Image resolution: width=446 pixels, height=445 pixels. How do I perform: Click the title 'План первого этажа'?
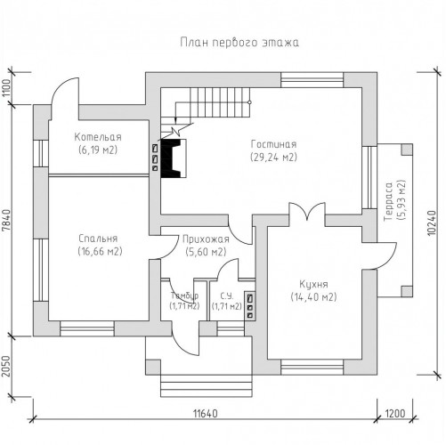coord(239,43)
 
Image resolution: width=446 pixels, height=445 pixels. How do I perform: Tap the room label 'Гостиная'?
coord(273,144)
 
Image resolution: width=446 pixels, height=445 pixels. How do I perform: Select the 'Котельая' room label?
coord(98,137)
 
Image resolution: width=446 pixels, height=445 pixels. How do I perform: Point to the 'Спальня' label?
coord(99,239)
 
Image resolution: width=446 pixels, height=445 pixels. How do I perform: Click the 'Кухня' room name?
coord(313,284)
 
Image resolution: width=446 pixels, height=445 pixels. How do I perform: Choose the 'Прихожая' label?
coord(206,239)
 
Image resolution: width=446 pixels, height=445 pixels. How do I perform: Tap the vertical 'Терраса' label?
coord(389,202)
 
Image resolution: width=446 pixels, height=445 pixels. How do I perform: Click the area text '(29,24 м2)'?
coord(273,157)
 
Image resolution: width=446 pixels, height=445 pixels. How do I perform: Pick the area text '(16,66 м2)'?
coord(100,251)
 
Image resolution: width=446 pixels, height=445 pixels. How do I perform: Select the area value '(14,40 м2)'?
coord(313,296)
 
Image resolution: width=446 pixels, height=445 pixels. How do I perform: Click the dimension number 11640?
coord(206,413)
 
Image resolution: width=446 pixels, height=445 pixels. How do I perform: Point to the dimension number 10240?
coord(433,223)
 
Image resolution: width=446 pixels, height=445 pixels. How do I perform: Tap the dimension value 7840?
coord(6,221)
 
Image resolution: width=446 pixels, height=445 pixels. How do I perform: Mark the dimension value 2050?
coord(6,366)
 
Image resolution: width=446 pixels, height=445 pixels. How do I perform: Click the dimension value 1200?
coord(395,413)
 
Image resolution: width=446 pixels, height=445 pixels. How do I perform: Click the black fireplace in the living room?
coord(171,158)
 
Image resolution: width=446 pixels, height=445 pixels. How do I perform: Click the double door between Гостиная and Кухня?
coord(307,212)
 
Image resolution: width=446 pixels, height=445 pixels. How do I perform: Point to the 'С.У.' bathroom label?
coord(227,295)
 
